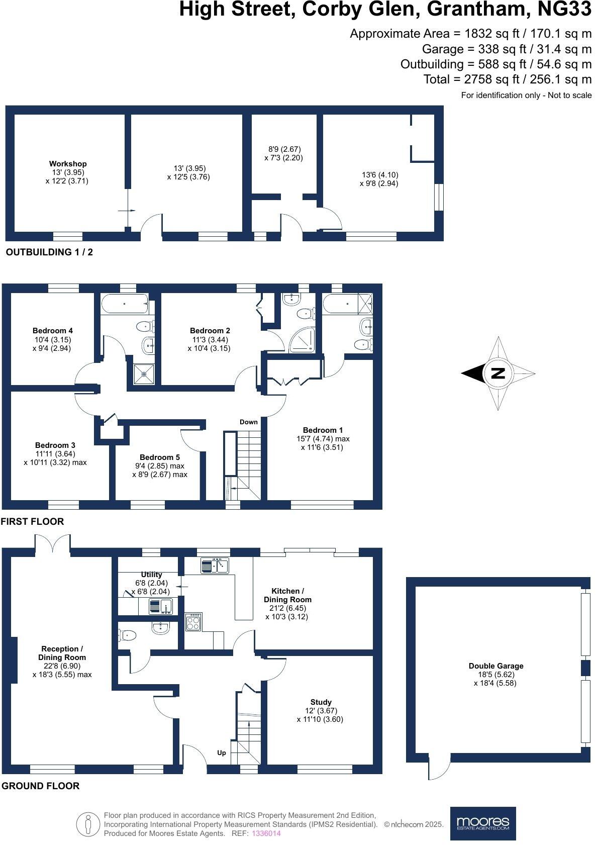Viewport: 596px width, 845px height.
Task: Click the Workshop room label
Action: point(68,164)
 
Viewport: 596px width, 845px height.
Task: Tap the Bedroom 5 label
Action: point(159,457)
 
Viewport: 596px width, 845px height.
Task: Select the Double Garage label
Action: point(495,666)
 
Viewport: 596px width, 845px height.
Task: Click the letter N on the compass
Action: point(498,373)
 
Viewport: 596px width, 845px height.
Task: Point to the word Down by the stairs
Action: point(248,422)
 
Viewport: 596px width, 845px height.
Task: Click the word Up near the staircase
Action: point(221,753)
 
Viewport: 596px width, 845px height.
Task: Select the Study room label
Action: point(321,702)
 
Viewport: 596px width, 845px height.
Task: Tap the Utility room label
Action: point(151,574)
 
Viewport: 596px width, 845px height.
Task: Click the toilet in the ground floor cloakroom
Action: point(128,635)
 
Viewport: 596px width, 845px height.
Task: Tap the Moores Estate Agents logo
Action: point(482,823)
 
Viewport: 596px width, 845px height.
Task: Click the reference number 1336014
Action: point(266,833)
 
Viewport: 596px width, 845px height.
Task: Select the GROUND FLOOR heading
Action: point(40,786)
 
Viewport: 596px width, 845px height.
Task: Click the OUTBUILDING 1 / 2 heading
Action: point(49,252)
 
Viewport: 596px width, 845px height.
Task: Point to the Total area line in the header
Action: point(508,79)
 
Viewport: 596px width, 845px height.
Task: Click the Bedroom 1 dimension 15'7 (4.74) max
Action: point(323,438)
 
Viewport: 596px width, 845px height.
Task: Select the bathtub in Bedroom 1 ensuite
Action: point(341,304)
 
